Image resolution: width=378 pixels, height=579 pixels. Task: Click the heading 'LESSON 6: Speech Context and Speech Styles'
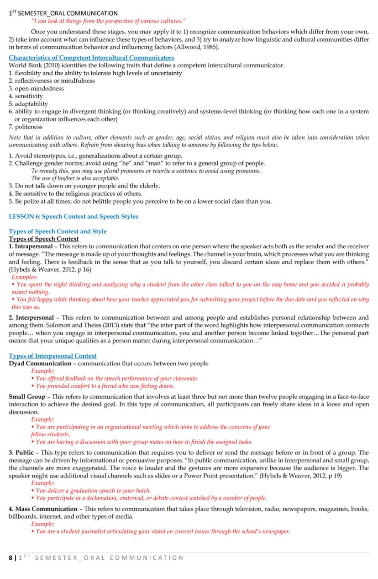click(x=73, y=216)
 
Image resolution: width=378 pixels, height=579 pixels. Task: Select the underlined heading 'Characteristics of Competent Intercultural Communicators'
click(x=91, y=58)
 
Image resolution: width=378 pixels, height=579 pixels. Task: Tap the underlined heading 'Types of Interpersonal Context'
click(x=52, y=356)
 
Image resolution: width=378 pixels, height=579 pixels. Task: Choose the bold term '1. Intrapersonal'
click(x=31, y=247)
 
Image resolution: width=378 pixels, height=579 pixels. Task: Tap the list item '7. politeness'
click(x=26, y=127)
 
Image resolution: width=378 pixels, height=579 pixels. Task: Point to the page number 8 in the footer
click(x=11, y=558)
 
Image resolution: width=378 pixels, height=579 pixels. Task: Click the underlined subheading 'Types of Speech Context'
click(x=44, y=239)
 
